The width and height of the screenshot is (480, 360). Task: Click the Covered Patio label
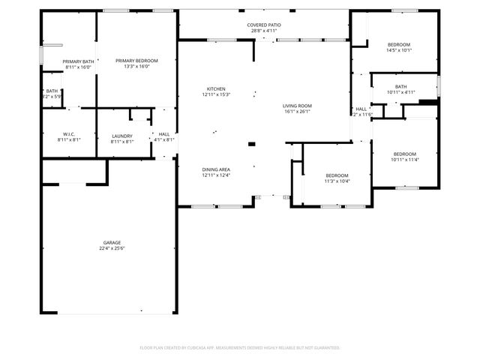[x=264, y=25]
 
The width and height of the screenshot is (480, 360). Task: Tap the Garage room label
[x=112, y=242]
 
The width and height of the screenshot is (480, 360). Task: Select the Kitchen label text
[x=216, y=88]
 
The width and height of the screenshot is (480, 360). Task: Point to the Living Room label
[x=297, y=106]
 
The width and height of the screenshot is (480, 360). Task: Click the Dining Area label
[x=216, y=169]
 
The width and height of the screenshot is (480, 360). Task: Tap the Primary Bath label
[x=78, y=61]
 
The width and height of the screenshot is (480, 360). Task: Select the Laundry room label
[x=121, y=135]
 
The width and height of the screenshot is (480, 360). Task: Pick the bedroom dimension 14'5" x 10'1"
[x=400, y=50]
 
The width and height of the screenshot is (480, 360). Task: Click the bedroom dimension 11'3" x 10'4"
[x=337, y=181]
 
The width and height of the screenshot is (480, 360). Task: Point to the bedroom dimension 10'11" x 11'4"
[x=404, y=159]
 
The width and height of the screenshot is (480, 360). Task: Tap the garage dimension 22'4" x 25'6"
[x=112, y=248]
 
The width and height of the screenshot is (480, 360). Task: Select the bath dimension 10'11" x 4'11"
[x=400, y=92]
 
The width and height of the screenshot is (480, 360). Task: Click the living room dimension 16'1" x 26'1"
[x=297, y=112]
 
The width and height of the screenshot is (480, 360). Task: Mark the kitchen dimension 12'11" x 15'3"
[x=216, y=94]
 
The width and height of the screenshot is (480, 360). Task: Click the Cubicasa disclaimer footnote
[x=240, y=347]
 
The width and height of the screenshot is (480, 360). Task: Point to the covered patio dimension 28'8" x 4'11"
[x=264, y=31]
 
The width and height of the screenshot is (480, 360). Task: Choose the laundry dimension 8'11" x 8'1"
[x=121, y=141]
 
